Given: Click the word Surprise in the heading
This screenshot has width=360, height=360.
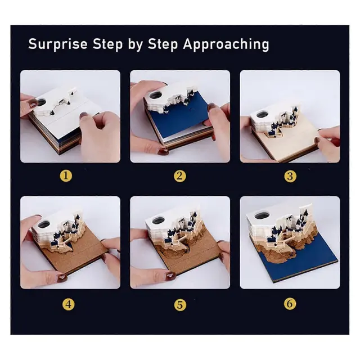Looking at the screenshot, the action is coord(58,44).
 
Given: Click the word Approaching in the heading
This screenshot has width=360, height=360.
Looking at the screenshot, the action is coord(226,44).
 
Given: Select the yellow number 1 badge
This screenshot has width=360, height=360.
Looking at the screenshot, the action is coord(66,176).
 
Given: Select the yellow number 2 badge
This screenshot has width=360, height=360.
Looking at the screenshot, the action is coord(180,176).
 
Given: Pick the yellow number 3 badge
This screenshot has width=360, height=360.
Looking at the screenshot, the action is coord(290,176).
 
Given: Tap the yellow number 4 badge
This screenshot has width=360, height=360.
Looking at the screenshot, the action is coord(69,304).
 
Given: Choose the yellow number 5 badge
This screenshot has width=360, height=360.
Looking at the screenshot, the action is coord(180,305).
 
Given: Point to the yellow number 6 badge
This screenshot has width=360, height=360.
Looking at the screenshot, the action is coord(290,304).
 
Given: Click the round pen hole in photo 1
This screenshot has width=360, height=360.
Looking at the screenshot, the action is coord(42,102).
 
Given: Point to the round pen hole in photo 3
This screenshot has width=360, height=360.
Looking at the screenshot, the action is coord(263,114).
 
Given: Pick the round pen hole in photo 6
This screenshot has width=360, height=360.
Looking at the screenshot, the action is coord(262,216).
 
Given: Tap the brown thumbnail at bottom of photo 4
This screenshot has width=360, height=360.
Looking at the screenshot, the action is coord(62,277).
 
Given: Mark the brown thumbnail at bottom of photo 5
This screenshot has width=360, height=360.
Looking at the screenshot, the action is coord(171,275).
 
